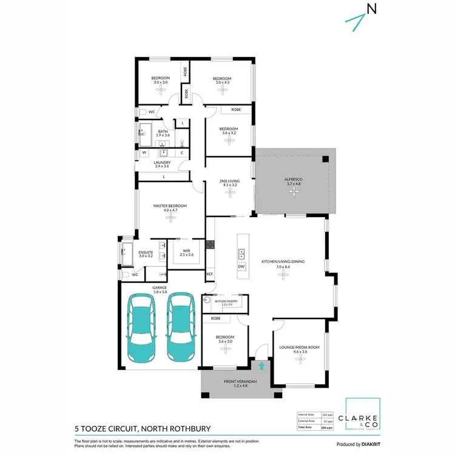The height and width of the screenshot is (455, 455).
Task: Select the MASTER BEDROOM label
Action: tap(170, 206)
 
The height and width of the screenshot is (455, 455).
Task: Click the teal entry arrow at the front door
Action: tap(261, 365)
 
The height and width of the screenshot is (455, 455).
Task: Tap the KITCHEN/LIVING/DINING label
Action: tap(280, 261)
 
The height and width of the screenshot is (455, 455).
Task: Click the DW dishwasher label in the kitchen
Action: tap(241, 266)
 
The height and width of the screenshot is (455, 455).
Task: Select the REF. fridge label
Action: tap(210, 274)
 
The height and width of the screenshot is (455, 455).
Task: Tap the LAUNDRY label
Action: tap(162, 163)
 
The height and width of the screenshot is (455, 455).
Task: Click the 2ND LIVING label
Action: tap(229, 181)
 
